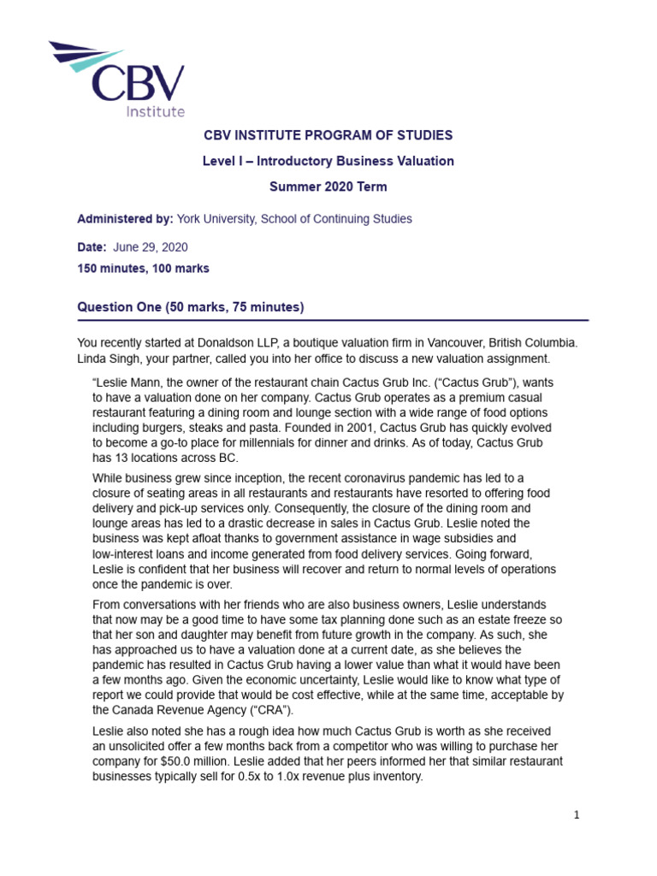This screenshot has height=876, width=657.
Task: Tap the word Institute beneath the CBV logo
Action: click(155, 111)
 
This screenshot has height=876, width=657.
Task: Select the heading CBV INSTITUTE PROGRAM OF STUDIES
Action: click(328, 135)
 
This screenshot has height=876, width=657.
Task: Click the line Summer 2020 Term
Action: click(328, 186)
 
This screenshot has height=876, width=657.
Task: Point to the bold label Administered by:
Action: click(125, 219)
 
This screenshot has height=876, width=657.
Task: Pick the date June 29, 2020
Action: click(150, 247)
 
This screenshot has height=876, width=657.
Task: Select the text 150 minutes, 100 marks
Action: click(143, 269)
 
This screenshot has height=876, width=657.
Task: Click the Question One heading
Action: click(191, 306)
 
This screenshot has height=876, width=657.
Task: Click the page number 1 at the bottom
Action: click(577, 815)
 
